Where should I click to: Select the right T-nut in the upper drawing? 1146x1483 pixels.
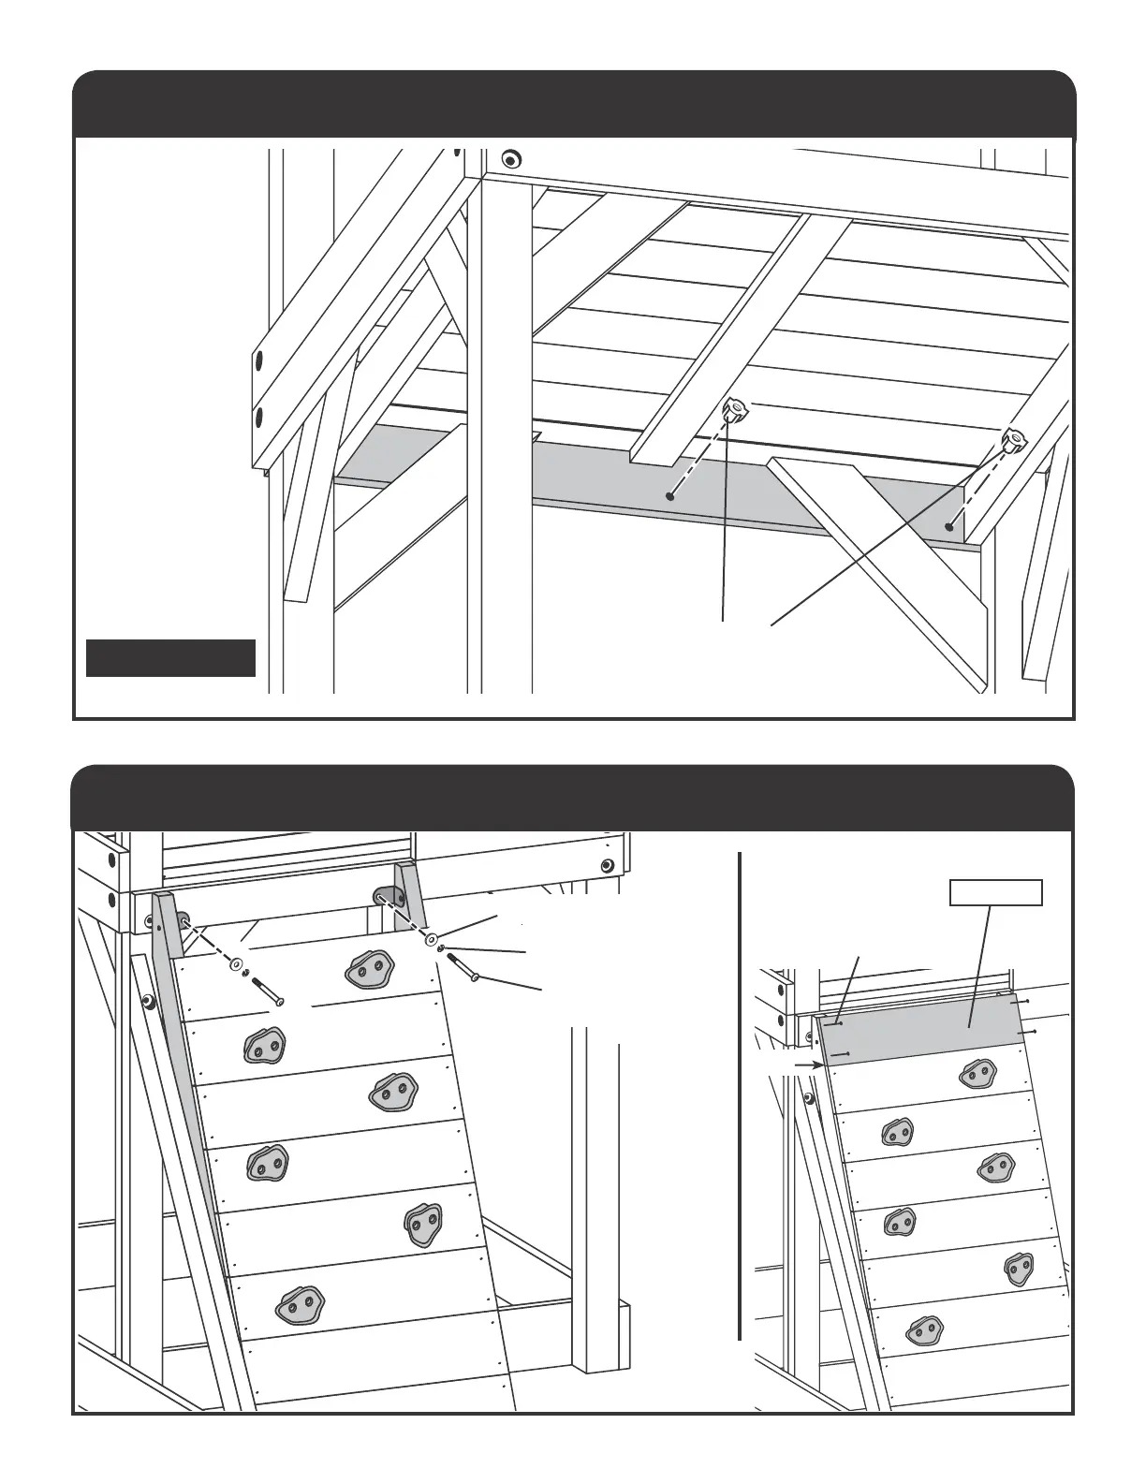click(x=1014, y=438)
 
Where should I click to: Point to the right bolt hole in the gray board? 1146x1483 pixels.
click(x=949, y=527)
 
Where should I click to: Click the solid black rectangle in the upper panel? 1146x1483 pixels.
click(x=170, y=657)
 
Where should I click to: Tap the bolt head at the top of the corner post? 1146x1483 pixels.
click(x=510, y=156)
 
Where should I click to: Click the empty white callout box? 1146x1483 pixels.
click(x=997, y=893)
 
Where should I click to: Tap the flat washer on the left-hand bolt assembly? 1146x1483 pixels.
click(x=234, y=963)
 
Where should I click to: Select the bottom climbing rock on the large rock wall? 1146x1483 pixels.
click(x=298, y=1303)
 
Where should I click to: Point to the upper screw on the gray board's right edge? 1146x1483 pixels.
click(x=1028, y=1002)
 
